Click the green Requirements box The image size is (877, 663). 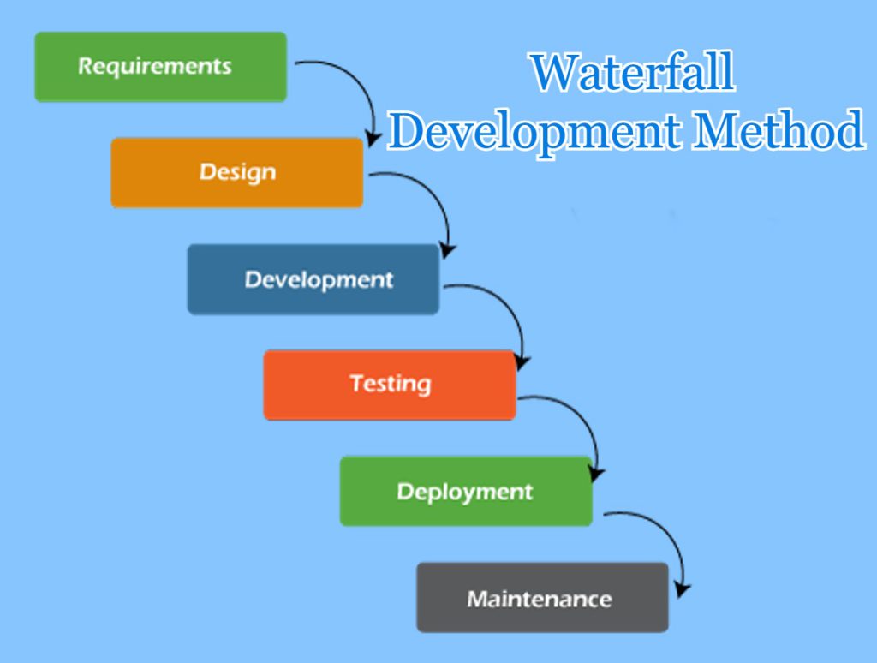(160, 67)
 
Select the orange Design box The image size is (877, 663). (237, 173)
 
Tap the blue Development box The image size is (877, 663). (313, 279)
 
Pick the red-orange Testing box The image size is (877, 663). (390, 385)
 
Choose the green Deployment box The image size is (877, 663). (466, 491)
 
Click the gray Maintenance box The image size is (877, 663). (542, 598)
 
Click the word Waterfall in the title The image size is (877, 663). (633, 72)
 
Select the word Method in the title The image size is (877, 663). (779, 130)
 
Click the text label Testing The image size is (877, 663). (391, 385)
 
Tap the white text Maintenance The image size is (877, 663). (540, 600)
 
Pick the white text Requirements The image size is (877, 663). (154, 67)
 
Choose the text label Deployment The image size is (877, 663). (465, 493)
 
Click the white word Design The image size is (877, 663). (238, 172)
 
